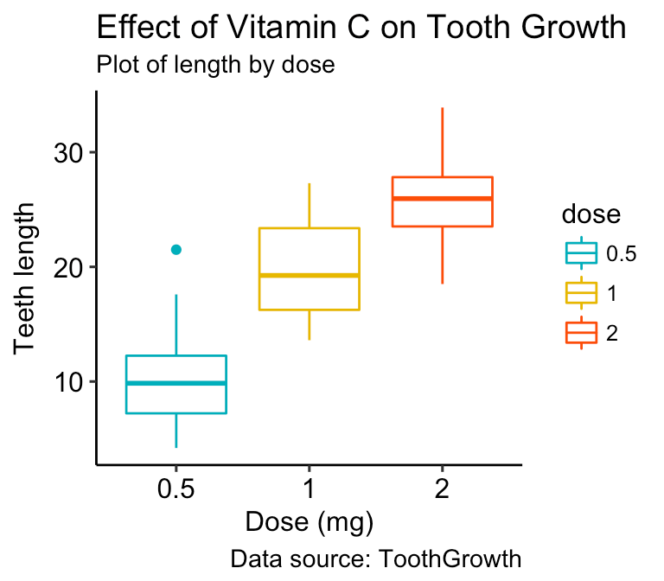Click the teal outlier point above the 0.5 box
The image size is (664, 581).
coord(176,249)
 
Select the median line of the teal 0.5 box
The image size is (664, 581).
coord(176,383)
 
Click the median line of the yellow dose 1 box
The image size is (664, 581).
coord(310,275)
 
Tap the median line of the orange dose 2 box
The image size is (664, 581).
coord(443,199)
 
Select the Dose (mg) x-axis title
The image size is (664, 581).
coord(309,521)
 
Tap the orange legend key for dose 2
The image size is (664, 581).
coord(581,333)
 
